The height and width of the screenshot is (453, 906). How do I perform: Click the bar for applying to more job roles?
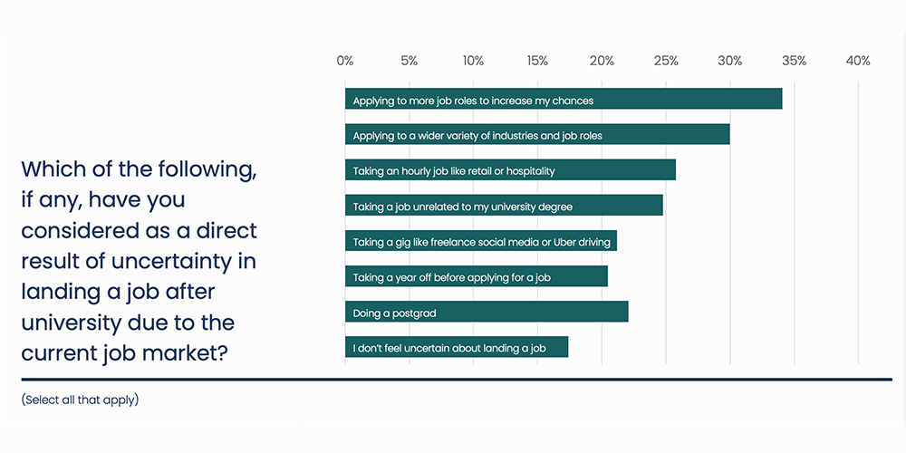click(x=563, y=100)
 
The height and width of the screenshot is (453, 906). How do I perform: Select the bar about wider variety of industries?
click(x=537, y=135)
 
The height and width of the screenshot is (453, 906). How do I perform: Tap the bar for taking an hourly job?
click(x=510, y=170)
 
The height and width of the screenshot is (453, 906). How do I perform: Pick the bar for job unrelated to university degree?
click(x=504, y=206)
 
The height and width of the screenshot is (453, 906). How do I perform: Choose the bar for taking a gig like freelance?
click(x=480, y=241)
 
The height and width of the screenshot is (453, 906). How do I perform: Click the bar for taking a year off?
click(x=476, y=276)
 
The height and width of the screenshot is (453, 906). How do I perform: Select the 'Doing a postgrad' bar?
click(x=487, y=313)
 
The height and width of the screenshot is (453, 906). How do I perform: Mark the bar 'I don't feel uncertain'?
click(x=456, y=347)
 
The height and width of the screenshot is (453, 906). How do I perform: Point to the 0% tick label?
click(x=345, y=61)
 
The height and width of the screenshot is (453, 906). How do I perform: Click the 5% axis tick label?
click(x=409, y=61)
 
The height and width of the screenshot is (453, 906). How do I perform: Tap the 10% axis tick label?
click(x=473, y=61)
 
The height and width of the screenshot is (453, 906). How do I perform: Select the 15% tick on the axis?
click(x=537, y=61)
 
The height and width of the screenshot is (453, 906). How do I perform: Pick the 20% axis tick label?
click(x=602, y=61)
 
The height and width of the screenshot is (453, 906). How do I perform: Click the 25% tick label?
click(x=666, y=61)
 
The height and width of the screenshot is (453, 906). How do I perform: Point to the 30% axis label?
click(x=730, y=61)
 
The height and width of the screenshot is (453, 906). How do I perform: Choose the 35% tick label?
click(x=795, y=61)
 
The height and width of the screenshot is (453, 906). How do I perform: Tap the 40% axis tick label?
click(x=858, y=61)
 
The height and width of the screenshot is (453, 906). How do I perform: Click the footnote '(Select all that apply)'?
click(x=80, y=400)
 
